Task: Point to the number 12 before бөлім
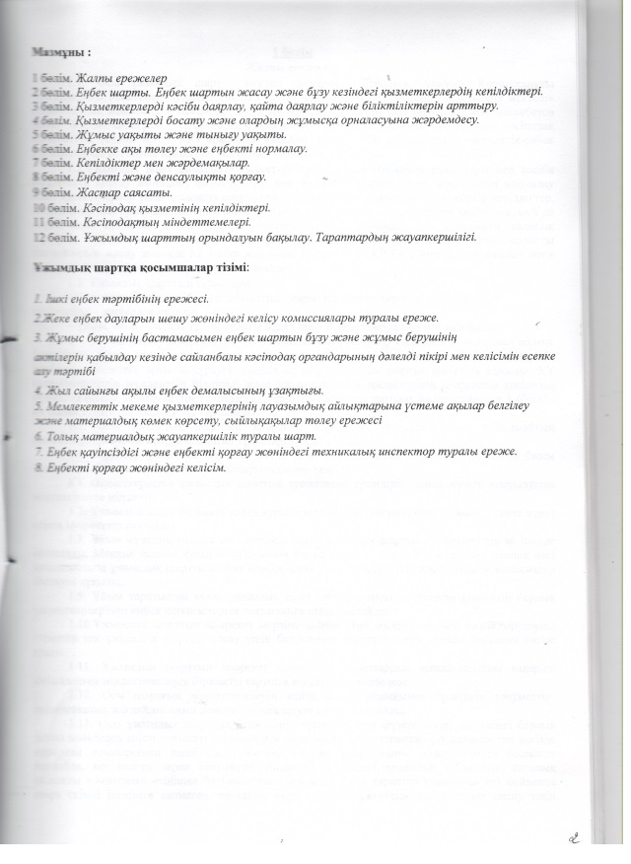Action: [x=35, y=238]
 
